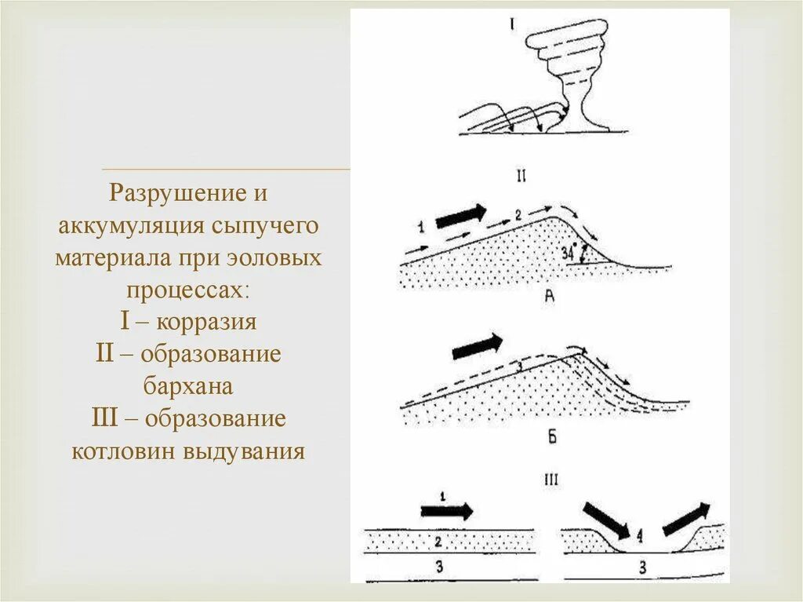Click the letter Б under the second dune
pyautogui.click(x=551, y=437)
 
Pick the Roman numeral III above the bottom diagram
pyautogui.click(x=550, y=479)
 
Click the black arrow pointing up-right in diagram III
pyautogui.click(x=686, y=519)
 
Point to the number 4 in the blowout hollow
pyautogui.click(x=641, y=537)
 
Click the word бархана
pyautogui.click(x=188, y=386)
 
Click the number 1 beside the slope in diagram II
pyautogui.click(x=421, y=228)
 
